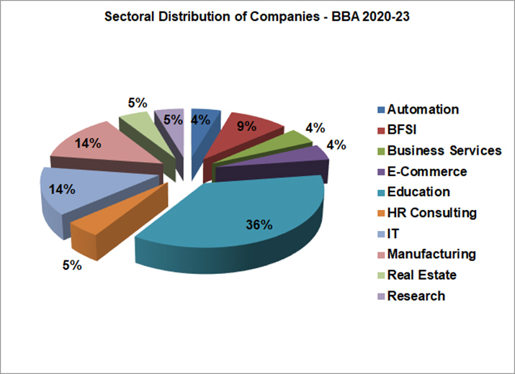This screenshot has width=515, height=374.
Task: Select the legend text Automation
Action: (423, 109)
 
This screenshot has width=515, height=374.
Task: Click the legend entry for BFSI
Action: (403, 130)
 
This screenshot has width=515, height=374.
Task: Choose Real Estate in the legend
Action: (421, 275)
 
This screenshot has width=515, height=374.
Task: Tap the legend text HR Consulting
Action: (431, 213)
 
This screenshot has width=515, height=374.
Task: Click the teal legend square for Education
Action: (380, 193)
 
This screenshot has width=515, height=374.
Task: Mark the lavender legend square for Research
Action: (380, 296)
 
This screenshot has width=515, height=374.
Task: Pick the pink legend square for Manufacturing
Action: (380, 255)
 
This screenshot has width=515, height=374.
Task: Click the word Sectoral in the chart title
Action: (130, 17)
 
